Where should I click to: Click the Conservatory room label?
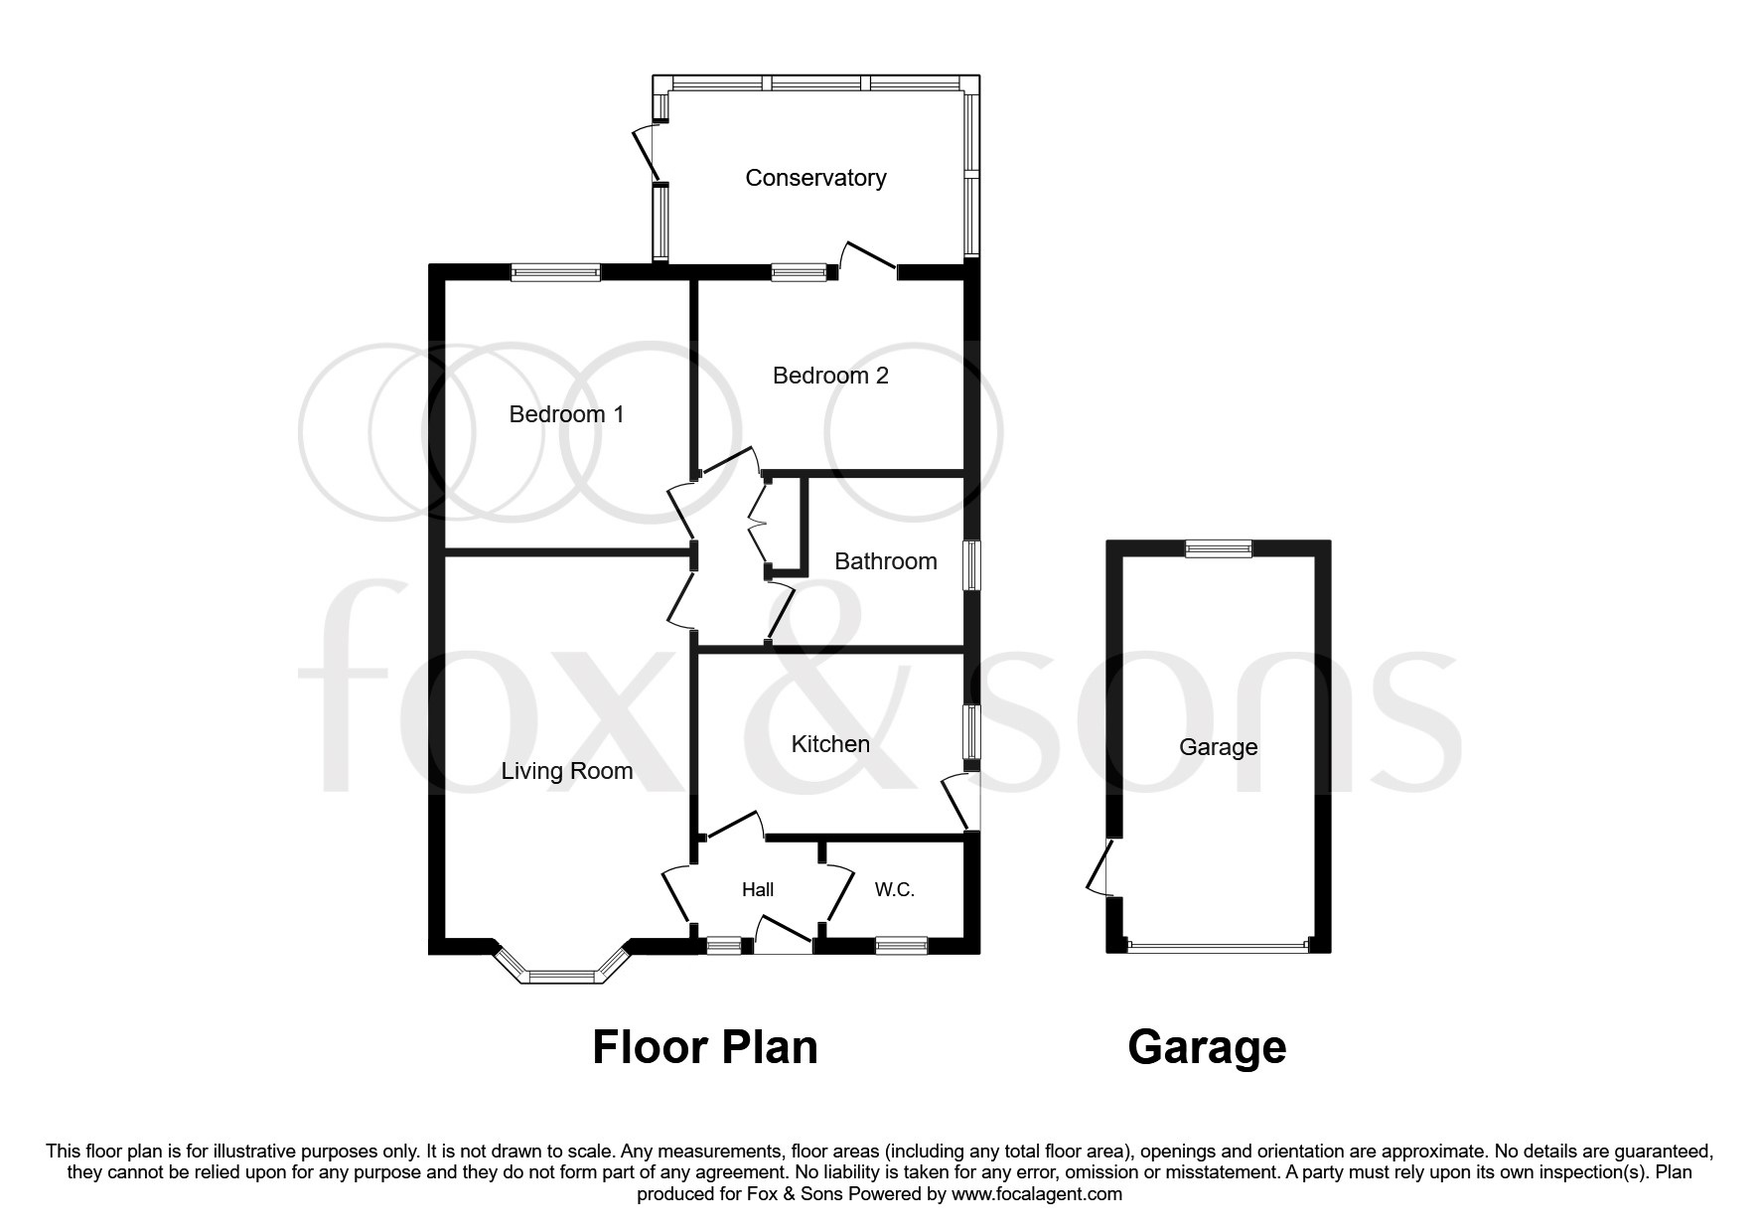pos(815,178)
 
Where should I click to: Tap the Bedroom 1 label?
pos(566,414)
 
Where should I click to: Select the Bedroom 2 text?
pos(830,376)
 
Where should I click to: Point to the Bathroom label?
pos(885,561)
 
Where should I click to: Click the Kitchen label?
pos(830,744)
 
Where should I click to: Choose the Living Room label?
pos(566,771)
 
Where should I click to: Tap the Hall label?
pos(758,890)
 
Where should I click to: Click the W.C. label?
pos(894,890)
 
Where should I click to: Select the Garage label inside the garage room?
pos(1218,747)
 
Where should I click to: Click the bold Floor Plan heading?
pos(704,1047)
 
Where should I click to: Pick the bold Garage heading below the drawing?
pos(1207,1047)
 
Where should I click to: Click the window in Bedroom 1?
pos(555,271)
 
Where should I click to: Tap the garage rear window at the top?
pos(1219,547)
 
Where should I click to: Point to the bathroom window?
pos(973,567)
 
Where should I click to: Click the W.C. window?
pos(901,946)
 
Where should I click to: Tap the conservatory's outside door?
pos(647,151)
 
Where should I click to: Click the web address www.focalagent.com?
pos(1036,1193)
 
